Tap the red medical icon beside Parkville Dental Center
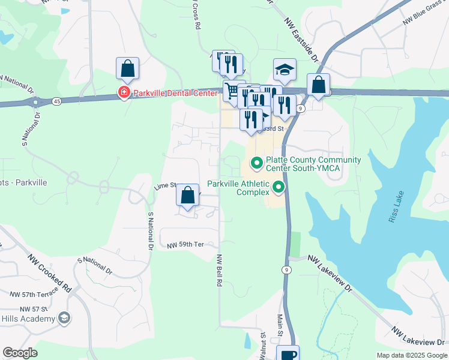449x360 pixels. [x=124, y=93]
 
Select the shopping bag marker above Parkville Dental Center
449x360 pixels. [x=128, y=70]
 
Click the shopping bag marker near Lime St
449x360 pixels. [x=188, y=195]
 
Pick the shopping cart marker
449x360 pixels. [x=233, y=91]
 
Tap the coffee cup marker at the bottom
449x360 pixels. [x=288, y=354]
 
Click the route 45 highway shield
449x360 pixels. [x=56, y=101]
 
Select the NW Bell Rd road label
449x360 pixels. [x=220, y=269]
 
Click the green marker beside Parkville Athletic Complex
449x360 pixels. [x=279, y=188]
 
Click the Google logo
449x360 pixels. [x=20, y=353]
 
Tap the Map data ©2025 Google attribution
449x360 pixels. [x=411, y=355]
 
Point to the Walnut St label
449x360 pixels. [x=263, y=344]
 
